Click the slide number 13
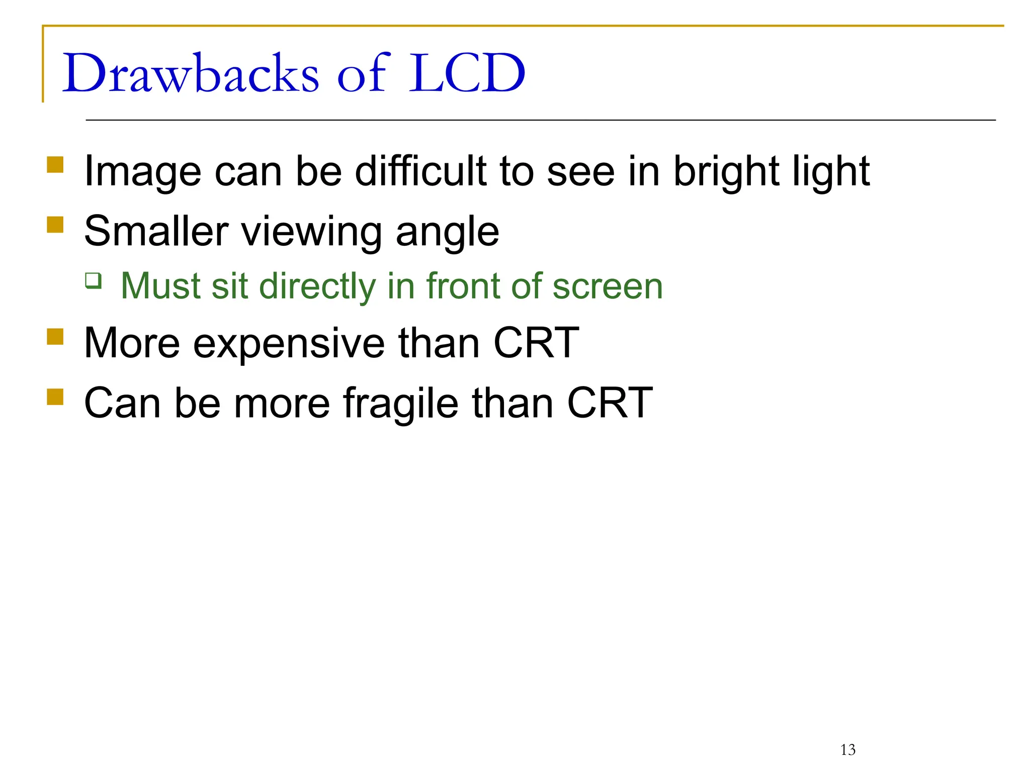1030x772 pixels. coord(847,750)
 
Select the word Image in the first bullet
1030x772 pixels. coord(143,172)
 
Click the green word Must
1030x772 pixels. coord(160,286)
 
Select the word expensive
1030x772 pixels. coord(289,344)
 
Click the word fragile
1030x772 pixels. coord(400,404)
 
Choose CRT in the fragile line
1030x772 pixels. coord(610,403)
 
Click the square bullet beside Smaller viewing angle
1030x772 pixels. coord(55,225)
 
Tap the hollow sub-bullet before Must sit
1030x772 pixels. coord(94,280)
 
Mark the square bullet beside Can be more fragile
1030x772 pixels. coord(55,397)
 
